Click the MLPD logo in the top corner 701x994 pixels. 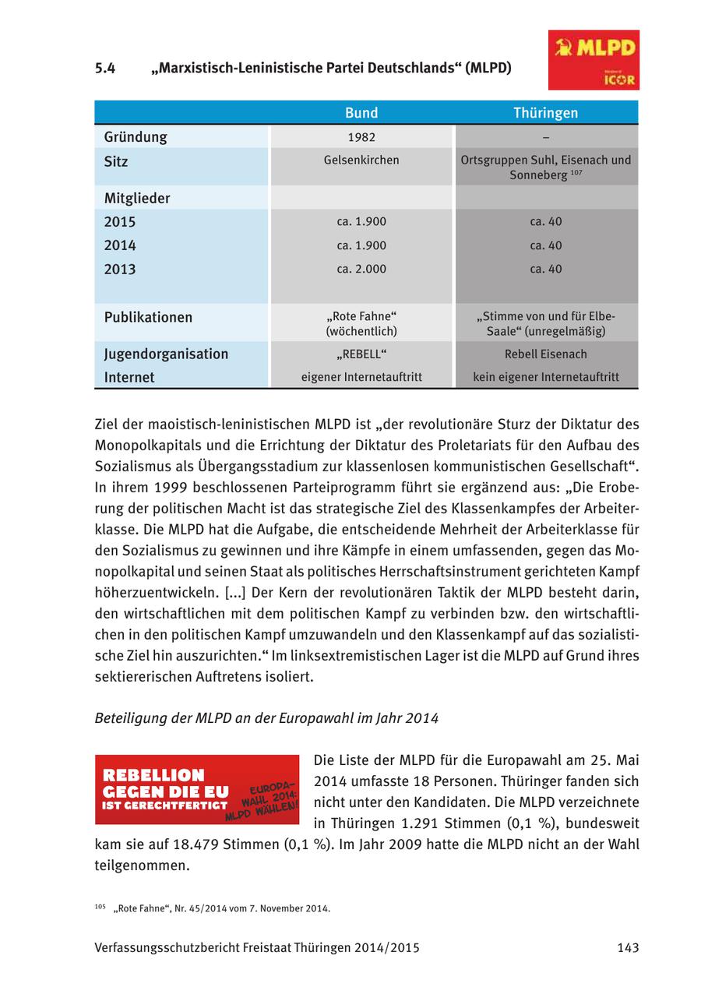(594, 60)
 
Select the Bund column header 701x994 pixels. (361, 113)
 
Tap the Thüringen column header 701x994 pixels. (545, 113)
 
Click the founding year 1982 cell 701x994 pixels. (361, 137)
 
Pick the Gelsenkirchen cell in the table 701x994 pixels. (361, 160)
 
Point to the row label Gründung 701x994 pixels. (136, 137)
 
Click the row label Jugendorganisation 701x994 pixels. (166, 354)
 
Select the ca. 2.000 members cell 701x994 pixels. (361, 269)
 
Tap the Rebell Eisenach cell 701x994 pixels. (545, 354)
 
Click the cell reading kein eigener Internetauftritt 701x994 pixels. (546, 377)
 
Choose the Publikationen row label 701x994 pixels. (148, 318)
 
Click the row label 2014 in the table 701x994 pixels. (120, 245)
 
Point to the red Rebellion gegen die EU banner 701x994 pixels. (197, 789)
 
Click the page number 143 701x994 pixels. (627, 948)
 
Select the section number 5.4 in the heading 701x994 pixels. (105, 68)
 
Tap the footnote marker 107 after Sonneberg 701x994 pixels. (576, 172)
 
